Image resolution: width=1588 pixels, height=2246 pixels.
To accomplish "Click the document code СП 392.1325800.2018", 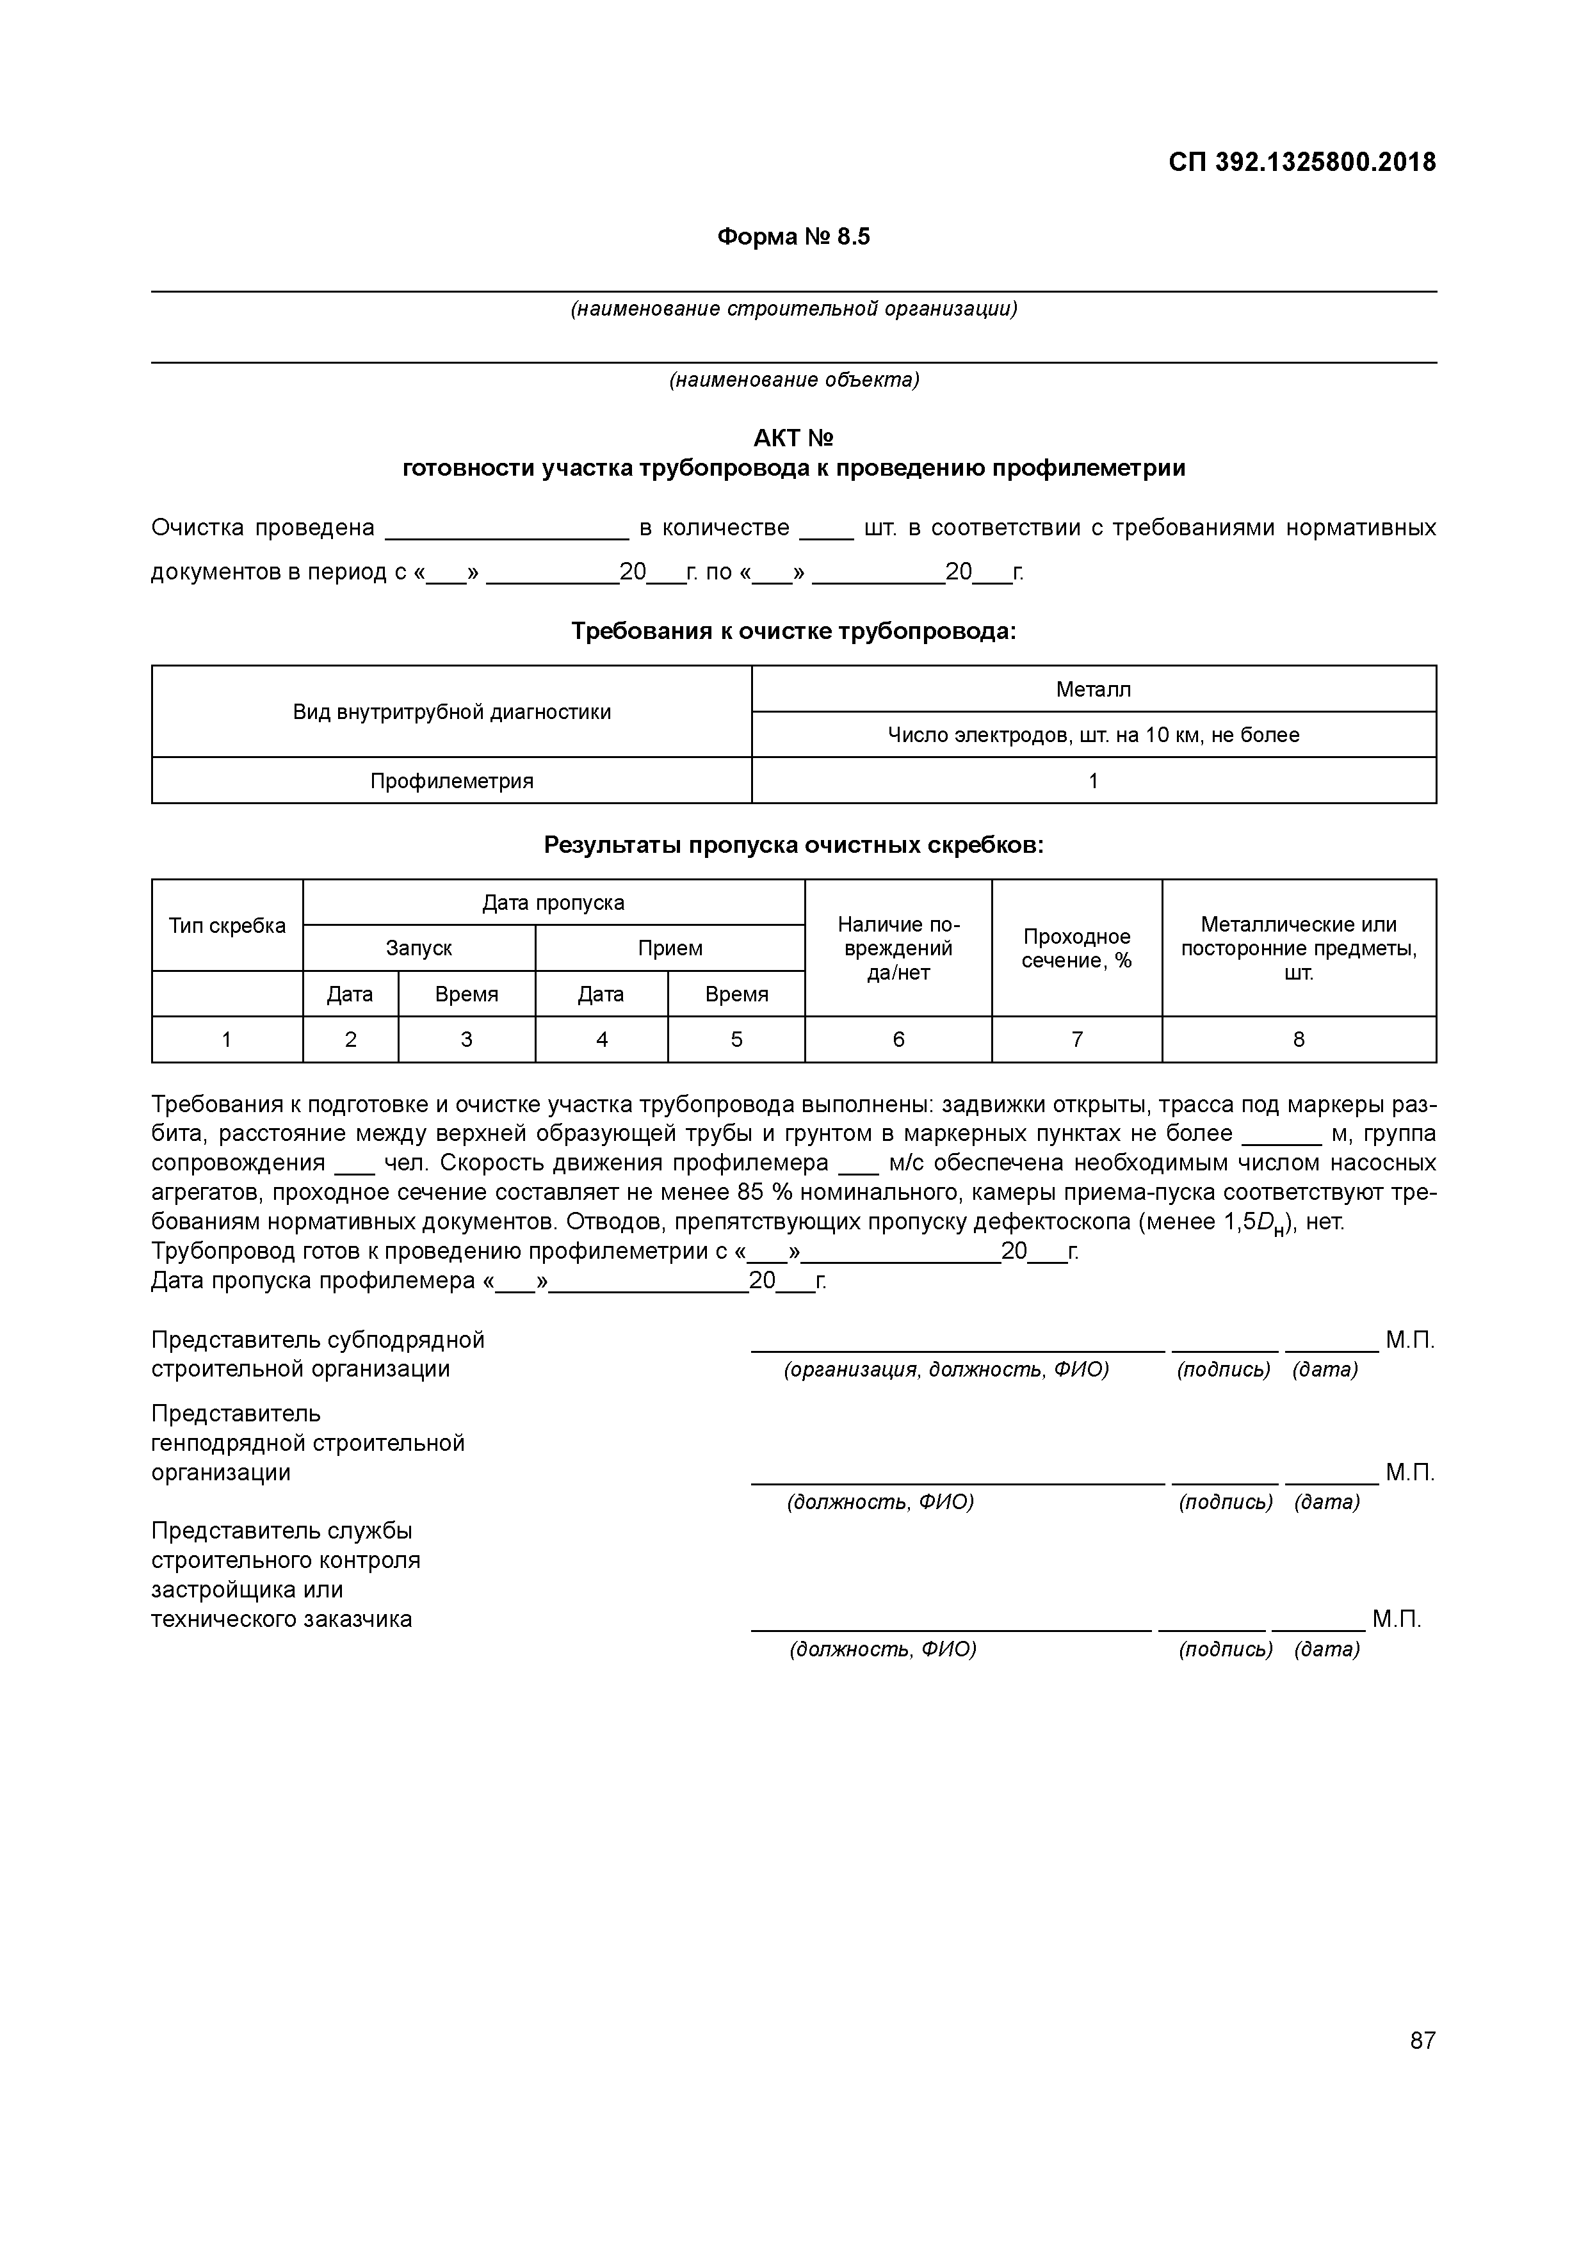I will [1301, 163].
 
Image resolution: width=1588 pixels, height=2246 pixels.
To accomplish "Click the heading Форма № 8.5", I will [793, 238].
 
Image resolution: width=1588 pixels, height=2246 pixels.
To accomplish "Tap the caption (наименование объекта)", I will [793, 380].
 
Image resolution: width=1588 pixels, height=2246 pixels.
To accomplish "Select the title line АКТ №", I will [793, 438].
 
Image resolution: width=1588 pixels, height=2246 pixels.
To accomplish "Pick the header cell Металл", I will [1093, 690].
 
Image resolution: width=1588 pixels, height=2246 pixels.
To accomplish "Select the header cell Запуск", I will [419, 949].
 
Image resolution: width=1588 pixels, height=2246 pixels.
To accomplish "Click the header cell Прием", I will [670, 949].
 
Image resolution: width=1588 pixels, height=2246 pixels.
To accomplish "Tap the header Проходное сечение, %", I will [1076, 949].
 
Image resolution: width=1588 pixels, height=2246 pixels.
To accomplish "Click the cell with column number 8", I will [1299, 1040].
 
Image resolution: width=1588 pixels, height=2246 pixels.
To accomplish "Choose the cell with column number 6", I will [898, 1040].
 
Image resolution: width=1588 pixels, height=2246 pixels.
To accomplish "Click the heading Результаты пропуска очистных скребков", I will [793, 845].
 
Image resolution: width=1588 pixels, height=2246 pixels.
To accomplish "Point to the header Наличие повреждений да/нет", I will [898, 949].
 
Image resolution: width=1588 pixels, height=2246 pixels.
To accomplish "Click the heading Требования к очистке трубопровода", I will [793, 632].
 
